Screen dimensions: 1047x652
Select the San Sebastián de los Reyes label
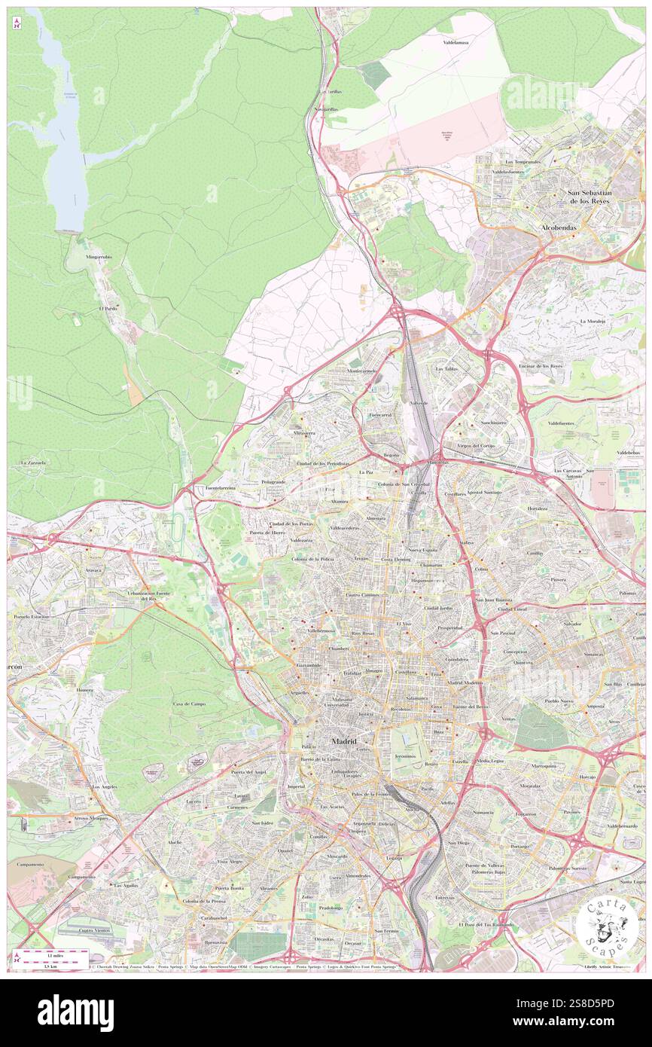coord(590,197)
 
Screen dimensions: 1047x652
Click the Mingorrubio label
coord(99,257)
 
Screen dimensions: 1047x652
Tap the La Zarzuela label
coord(33,462)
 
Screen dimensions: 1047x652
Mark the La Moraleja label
coord(593,321)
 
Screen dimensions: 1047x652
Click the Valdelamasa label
coord(455,43)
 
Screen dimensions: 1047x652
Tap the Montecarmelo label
coord(361,371)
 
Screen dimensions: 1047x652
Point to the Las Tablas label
coord(447,369)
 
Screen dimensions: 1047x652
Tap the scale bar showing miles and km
coord(53,960)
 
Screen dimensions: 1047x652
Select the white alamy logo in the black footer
coord(75,1012)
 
